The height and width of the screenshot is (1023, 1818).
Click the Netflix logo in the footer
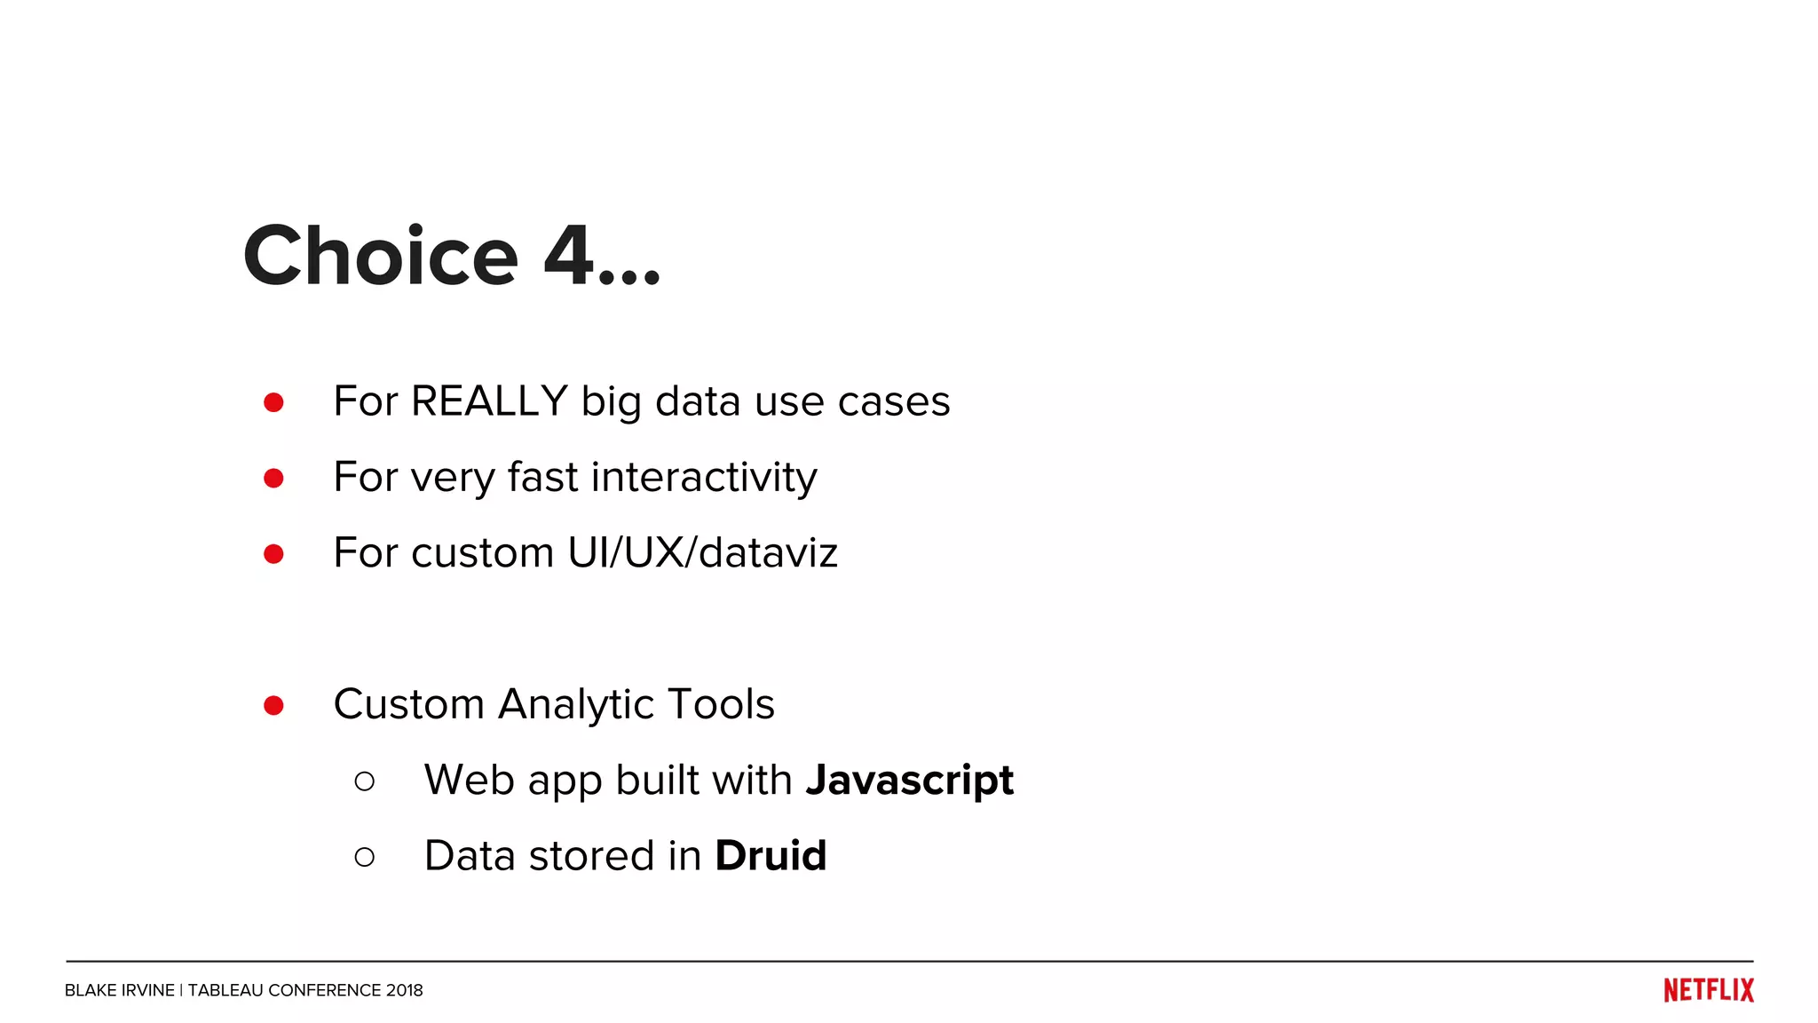1708,990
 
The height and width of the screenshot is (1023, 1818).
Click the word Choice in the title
381,257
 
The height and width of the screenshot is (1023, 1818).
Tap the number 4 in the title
568,257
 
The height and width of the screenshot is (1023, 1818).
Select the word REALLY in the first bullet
489,401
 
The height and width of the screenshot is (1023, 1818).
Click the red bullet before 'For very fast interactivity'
273,479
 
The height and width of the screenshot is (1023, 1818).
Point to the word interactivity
704,477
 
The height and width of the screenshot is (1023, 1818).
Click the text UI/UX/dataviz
702,553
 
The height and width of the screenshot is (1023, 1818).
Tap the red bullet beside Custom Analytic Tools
273,706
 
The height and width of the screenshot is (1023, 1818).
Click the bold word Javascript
909,781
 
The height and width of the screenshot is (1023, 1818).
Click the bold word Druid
771,856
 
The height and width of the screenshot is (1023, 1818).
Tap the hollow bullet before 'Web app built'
364,781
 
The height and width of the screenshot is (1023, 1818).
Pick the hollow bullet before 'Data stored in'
364,857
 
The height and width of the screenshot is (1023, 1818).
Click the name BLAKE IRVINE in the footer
119,990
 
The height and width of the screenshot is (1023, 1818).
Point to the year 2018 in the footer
404,990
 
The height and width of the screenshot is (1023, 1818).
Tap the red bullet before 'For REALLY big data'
273,403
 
